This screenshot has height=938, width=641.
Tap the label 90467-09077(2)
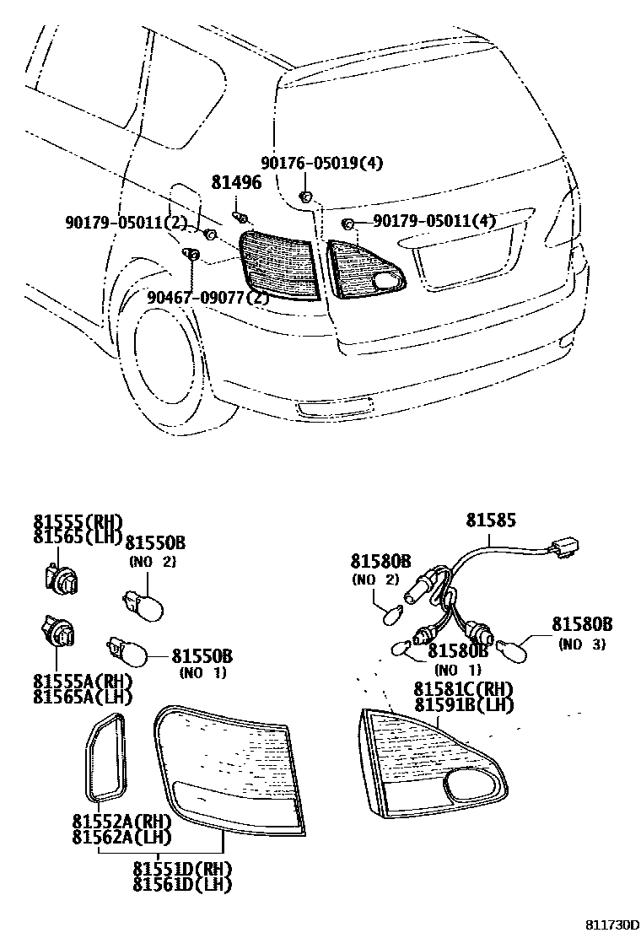point(207,297)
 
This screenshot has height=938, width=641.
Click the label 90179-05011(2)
point(126,222)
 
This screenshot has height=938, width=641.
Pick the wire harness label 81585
point(491,521)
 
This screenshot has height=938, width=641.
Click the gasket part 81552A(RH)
point(106,756)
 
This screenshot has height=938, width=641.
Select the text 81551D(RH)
point(181,869)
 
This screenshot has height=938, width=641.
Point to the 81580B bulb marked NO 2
point(391,616)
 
